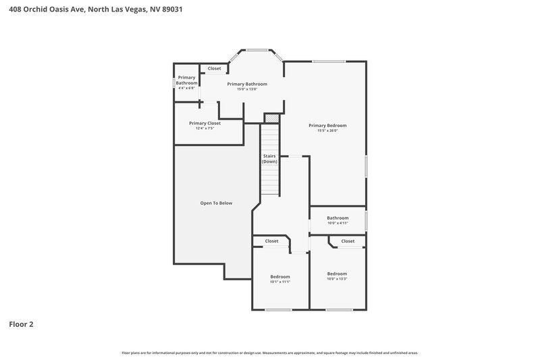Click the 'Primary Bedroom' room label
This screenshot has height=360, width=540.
pos(327,125)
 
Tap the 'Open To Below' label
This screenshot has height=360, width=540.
pos(216,203)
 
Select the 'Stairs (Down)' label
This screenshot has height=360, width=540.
pos(270,159)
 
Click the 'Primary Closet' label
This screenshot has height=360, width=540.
pos(205,123)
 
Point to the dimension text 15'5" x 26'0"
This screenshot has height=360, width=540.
pos(327,131)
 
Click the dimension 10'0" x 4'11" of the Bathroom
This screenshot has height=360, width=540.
pos(337,224)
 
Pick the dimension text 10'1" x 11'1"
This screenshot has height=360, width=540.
pos(280,282)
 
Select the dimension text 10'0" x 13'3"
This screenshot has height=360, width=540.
pos(337,279)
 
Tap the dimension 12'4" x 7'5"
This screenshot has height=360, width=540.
pos(205,128)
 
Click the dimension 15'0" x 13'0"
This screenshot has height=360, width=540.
pos(247,89)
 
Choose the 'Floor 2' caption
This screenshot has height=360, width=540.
pos(21,324)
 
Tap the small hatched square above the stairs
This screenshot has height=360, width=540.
pos(271,119)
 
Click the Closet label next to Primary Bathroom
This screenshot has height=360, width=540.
pos(214,68)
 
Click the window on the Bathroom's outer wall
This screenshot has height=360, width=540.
pos(366,220)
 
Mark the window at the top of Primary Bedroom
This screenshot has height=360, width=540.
pos(329,62)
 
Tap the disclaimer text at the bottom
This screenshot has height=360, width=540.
pos(270,353)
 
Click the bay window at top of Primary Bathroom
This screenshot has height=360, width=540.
pos(256,49)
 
